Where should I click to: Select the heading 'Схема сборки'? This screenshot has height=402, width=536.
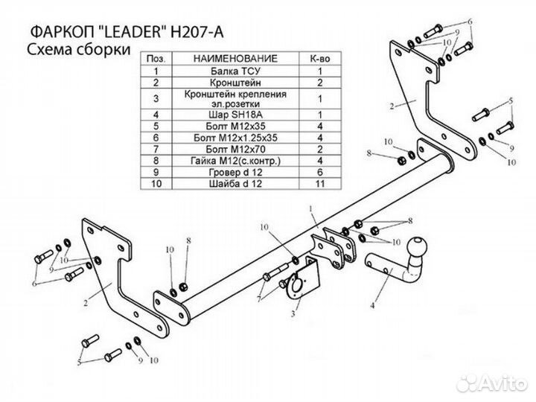click(75, 50)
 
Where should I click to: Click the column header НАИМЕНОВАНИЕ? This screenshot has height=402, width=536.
click(234, 58)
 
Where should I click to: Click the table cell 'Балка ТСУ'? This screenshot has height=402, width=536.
click(234, 71)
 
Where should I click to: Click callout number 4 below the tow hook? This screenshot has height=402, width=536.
click(371, 303)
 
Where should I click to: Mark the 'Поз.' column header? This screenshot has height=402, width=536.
click(157, 58)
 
